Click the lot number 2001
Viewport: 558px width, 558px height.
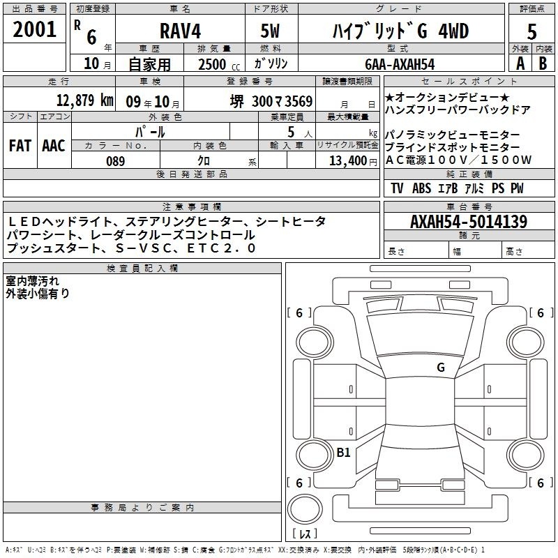34,29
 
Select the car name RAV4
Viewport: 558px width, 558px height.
181,31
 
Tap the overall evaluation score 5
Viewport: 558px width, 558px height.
531,31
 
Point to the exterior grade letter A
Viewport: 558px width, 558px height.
520,63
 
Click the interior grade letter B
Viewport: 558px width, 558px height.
543,63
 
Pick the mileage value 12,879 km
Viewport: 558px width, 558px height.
85,100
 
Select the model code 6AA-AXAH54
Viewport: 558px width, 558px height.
400,64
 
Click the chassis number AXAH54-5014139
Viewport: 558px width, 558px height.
469,222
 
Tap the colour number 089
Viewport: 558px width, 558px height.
116,161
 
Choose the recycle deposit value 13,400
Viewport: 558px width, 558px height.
348,161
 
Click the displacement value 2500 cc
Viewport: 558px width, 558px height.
219,64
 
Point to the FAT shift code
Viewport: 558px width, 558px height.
20,146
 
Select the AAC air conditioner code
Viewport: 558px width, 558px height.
54,146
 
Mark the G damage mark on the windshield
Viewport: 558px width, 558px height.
441,368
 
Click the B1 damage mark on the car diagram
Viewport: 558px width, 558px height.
343,452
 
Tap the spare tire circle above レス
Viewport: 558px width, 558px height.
305,509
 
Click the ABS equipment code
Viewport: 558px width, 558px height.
422,188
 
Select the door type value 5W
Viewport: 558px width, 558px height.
270,31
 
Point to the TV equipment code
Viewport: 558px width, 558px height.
397,188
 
